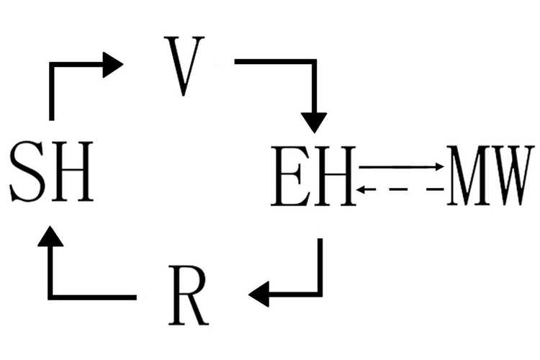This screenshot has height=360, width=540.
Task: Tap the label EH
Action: tap(314, 175)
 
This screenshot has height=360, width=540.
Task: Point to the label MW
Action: tap(491, 175)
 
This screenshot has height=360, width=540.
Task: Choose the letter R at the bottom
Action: tap(189, 294)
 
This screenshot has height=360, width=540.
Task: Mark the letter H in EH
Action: tap(336, 175)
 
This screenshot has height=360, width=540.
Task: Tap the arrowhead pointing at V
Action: tap(113, 64)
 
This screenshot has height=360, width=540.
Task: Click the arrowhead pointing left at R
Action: tap(258, 294)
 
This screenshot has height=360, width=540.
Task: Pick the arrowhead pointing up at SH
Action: tap(51, 238)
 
